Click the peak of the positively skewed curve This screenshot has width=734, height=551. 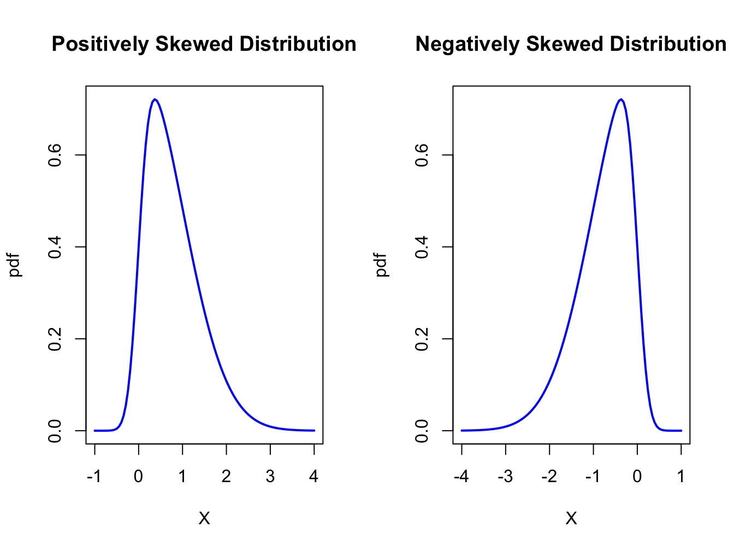(155, 99)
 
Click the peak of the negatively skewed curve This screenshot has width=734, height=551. (621, 99)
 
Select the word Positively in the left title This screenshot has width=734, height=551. (100, 44)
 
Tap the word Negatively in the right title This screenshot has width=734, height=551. (467, 44)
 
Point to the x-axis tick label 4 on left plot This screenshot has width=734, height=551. (314, 477)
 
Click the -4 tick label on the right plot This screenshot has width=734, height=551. (461, 477)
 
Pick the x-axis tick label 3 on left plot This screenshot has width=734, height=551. (270, 477)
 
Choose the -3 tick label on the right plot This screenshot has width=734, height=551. (505, 477)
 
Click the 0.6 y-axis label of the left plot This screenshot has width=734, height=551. (55, 155)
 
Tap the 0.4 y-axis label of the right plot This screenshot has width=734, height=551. (422, 247)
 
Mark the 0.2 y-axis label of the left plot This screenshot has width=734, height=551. (55, 339)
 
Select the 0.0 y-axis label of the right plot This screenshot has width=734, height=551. (422, 431)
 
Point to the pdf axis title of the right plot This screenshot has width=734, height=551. (382, 265)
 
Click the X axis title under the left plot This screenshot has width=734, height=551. (204, 518)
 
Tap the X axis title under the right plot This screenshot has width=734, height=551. (571, 518)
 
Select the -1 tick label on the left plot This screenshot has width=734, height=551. (94, 477)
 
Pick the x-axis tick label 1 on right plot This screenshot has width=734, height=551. (681, 477)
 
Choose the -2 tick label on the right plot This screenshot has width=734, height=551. (549, 477)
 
